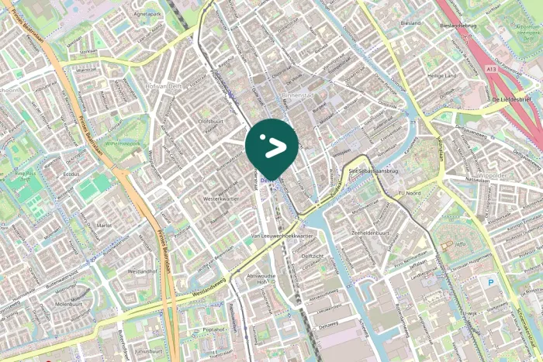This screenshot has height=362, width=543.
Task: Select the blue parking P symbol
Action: point(489,283)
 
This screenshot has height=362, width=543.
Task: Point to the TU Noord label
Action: point(409,191)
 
